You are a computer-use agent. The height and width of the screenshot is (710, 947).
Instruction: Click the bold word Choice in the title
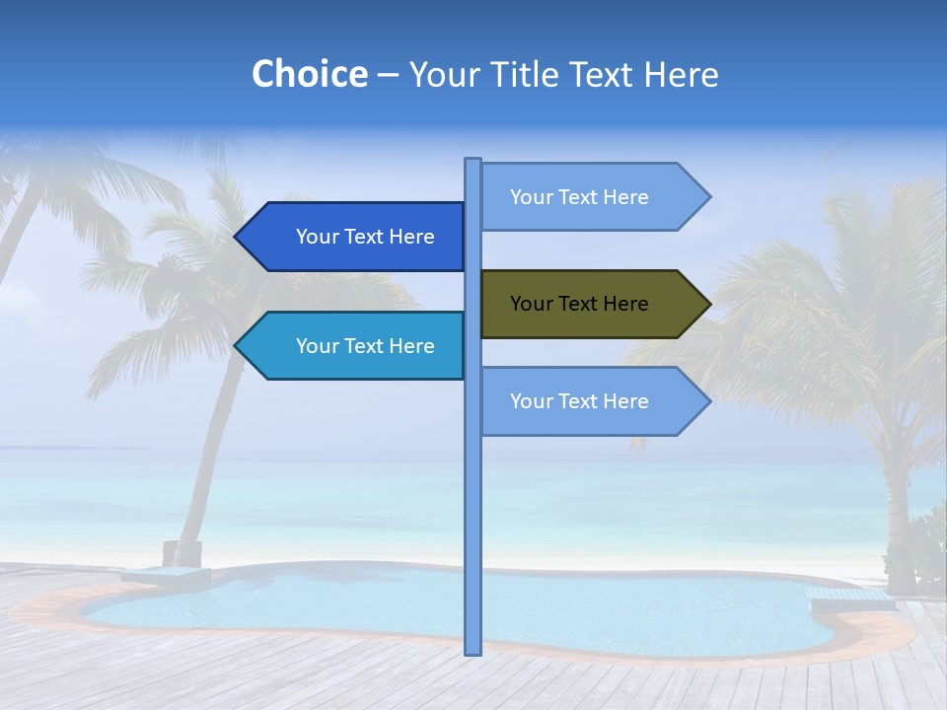(309, 74)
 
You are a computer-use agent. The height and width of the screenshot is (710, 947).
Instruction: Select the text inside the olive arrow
(579, 304)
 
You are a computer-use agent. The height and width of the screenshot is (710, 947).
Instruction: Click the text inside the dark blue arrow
(365, 237)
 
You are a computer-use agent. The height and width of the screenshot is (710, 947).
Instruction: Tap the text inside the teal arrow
(365, 346)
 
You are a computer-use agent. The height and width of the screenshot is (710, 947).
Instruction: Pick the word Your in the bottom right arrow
(530, 401)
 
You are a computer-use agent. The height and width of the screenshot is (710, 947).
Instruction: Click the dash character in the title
(388, 75)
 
